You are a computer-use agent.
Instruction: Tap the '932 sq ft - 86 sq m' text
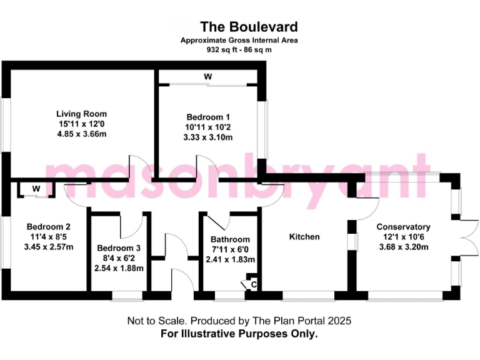coord(239,49)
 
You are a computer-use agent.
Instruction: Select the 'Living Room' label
coord(81,114)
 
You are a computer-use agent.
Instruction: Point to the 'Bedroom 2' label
coord(48,226)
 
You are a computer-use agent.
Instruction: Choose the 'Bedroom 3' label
coord(119,248)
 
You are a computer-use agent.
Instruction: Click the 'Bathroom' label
coord(230,239)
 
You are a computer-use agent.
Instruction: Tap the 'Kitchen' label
coord(304,237)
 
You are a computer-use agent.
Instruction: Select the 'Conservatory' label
coord(403,227)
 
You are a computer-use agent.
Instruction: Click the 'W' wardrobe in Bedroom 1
coord(207,76)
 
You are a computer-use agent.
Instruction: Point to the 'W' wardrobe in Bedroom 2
coord(36,189)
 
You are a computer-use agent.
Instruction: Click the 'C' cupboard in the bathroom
coord(252,284)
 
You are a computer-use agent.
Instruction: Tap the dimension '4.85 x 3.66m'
coord(81,134)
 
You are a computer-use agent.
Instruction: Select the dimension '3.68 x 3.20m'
coord(403,247)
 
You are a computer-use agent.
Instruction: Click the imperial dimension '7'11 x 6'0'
coord(230,249)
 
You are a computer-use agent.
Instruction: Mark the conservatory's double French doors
coord(468,237)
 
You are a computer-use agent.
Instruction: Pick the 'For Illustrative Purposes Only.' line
coord(239,334)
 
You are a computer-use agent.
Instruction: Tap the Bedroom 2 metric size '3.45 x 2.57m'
coord(48,246)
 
